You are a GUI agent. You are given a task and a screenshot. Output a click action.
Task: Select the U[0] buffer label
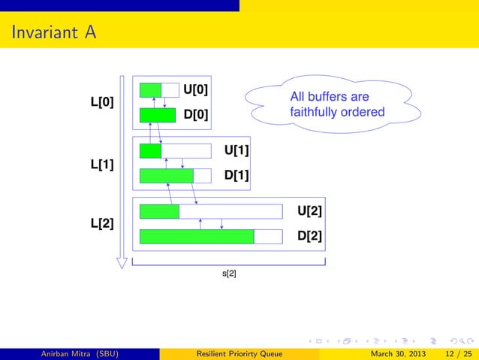coord(196,90)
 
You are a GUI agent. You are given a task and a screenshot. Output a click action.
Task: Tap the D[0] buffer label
coord(196,116)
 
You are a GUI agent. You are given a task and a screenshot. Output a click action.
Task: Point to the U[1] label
coord(236,151)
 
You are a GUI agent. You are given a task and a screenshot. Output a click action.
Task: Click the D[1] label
coord(236,177)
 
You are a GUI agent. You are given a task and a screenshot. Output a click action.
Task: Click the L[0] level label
coord(102,102)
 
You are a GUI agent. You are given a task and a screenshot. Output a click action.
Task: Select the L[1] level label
coord(102,164)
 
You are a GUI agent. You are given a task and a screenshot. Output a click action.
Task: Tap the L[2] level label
coord(102,224)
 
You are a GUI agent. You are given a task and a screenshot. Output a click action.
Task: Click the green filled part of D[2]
coord(197,237)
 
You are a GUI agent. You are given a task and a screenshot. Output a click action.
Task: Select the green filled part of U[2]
coord(159,212)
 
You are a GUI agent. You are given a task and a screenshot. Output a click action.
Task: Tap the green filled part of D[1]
coord(167,177)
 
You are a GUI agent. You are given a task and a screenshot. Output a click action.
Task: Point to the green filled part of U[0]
coord(150,90)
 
